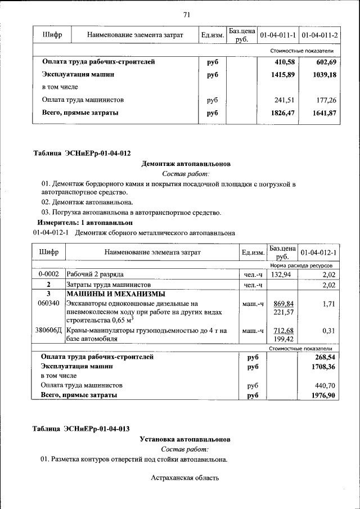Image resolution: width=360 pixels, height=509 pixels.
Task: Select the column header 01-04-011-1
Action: (x=278, y=35)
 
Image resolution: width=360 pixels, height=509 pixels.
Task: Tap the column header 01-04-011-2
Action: (x=319, y=35)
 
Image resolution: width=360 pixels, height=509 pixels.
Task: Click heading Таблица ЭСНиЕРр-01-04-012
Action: (x=82, y=153)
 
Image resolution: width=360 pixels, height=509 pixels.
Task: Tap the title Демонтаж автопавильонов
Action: (x=186, y=164)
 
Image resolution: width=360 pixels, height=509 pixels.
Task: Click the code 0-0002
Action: (x=48, y=274)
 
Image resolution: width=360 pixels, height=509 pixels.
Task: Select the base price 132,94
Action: (x=281, y=274)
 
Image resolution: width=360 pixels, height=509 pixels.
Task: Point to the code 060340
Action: (x=48, y=303)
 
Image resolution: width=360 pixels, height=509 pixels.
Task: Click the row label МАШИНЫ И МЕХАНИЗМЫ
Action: (x=116, y=294)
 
